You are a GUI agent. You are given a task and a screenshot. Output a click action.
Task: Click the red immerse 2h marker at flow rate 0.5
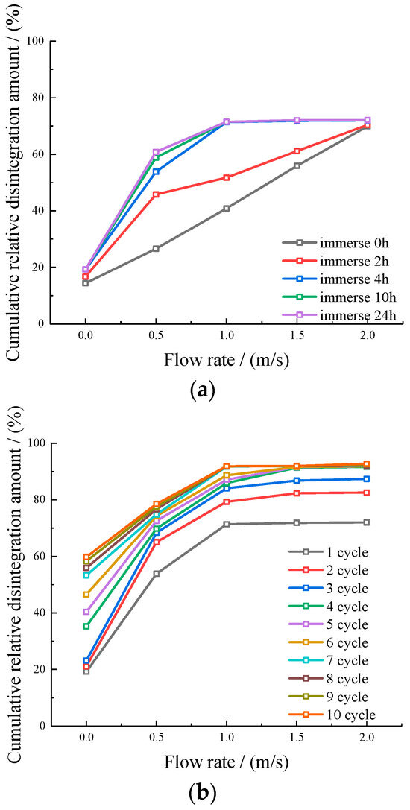click(156, 194)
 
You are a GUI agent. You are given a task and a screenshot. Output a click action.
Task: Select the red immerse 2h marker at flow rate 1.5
click(297, 151)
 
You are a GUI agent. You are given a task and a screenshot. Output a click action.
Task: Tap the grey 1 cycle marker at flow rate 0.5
click(156, 574)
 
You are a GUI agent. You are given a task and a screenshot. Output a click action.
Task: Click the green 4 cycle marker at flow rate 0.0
click(86, 626)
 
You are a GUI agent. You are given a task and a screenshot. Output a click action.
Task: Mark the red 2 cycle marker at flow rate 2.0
click(367, 493)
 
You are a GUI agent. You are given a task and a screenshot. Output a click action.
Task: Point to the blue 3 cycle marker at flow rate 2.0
click(367, 479)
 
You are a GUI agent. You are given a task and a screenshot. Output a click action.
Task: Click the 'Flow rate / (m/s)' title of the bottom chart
click(226, 762)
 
